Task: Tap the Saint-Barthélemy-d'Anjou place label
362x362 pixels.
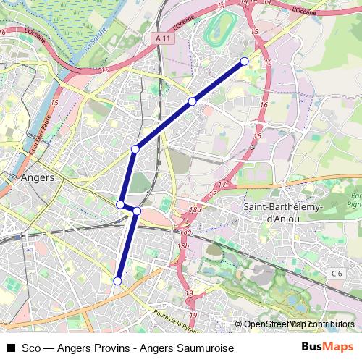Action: (x=269, y=209)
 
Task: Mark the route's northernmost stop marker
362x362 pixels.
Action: (x=245, y=61)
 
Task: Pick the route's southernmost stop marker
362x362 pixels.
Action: (x=117, y=280)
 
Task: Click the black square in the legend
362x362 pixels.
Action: (x=11, y=348)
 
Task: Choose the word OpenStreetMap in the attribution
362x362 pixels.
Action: (x=274, y=324)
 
